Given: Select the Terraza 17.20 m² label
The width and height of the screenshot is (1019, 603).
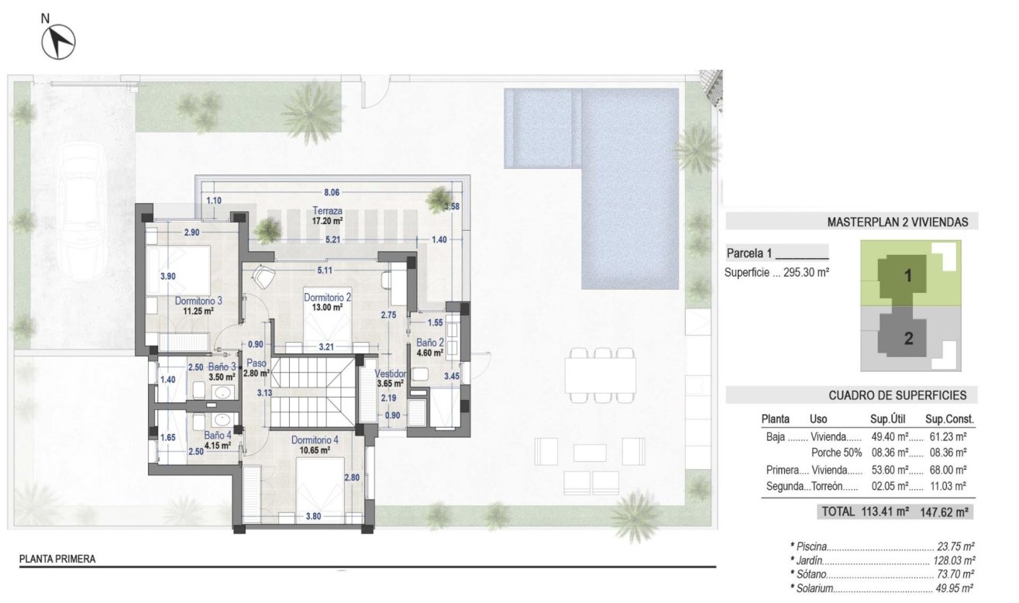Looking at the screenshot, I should pos(327,215).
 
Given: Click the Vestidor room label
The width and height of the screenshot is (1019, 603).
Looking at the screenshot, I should pos(390,374).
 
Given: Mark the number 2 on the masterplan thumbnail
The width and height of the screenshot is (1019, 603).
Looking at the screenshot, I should pos(908,337).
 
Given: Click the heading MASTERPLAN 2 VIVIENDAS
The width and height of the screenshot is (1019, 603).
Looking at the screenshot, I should pos(897,222).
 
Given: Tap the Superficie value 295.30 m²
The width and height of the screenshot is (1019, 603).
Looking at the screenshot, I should pos(812,273).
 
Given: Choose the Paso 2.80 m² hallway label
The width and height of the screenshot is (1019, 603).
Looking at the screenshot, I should pos(256,367).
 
